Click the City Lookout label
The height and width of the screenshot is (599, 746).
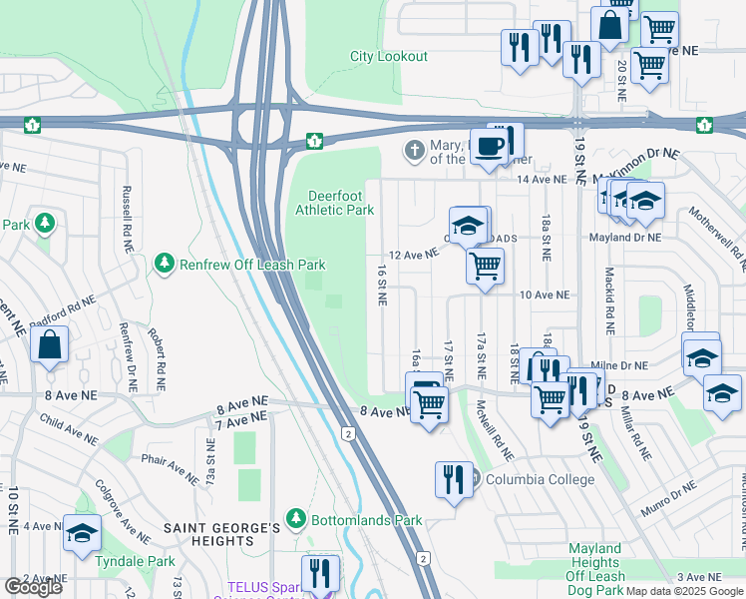(388, 57)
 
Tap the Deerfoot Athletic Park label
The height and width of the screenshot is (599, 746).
(334, 203)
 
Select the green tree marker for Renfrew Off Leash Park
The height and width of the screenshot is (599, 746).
(163, 264)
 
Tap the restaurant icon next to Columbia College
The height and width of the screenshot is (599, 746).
(454, 479)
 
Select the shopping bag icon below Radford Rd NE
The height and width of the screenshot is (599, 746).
(49, 345)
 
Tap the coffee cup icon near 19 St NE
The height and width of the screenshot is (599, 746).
(488, 146)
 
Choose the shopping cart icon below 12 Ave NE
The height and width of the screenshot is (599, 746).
(485, 267)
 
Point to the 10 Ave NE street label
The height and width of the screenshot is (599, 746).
(544, 296)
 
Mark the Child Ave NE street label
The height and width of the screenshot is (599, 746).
(69, 428)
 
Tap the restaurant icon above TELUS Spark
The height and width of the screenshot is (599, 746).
(320, 573)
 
